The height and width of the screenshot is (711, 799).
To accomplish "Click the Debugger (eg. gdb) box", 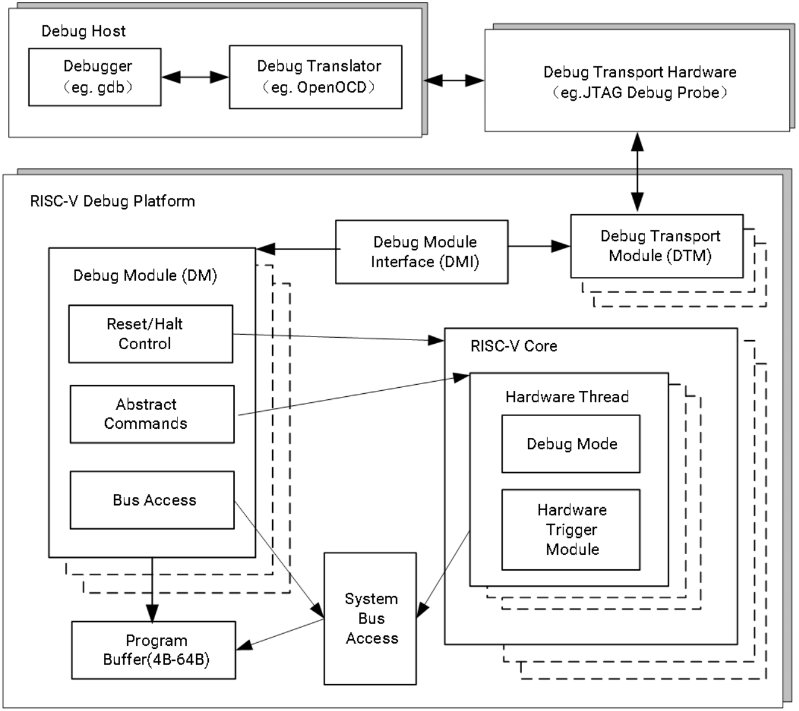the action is tap(95, 77).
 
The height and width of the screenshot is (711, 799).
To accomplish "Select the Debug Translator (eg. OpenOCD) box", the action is tap(316, 77).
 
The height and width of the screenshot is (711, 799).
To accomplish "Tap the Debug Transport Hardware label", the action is tap(640, 72).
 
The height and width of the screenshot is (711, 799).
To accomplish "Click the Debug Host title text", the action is tap(83, 31).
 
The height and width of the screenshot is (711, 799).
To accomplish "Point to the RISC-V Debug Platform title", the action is tap(112, 201).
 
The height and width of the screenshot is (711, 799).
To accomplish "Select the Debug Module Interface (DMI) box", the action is tap(422, 252).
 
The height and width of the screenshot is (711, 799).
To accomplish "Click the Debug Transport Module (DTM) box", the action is tap(657, 246).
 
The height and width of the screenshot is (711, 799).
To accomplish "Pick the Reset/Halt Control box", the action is tap(151, 334).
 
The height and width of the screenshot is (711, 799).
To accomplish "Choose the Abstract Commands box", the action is tap(152, 414).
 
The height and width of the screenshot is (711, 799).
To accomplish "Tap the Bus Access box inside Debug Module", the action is tap(152, 500).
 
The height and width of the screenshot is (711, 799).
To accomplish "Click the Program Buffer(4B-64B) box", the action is tap(153, 650).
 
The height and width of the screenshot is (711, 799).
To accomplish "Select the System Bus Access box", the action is tap(370, 618).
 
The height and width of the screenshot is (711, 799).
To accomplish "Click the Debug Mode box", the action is tap(571, 444).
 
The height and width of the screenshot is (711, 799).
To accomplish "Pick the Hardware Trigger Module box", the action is tap(571, 529).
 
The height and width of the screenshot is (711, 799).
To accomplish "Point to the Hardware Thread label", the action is tap(567, 397).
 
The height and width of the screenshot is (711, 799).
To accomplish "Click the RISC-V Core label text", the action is tap(514, 346).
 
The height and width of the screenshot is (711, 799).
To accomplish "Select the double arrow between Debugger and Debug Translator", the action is tap(195, 77).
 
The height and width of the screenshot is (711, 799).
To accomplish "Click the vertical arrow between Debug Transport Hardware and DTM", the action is tap(637, 172).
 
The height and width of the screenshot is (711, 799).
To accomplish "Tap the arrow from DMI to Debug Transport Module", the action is tap(539, 246).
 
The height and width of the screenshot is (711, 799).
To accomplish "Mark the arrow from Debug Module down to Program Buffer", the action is tap(152, 590).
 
